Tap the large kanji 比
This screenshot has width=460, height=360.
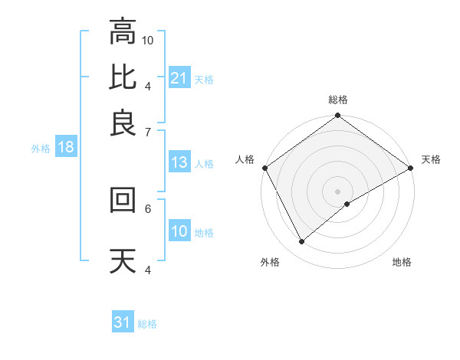[x=123, y=77]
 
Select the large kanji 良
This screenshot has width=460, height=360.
[x=123, y=123]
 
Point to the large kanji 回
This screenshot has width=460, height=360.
[x=123, y=200]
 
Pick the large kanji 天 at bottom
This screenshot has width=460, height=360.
[x=123, y=261]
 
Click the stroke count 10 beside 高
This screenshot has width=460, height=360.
[x=148, y=39]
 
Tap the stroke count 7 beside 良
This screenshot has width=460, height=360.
[x=148, y=131]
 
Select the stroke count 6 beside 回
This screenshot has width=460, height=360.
[x=148, y=208]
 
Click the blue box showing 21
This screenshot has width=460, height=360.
[x=179, y=78]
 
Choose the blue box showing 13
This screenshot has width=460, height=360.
[x=179, y=162]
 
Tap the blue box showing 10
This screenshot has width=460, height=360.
[x=179, y=231]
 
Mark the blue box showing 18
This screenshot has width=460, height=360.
[x=65, y=148]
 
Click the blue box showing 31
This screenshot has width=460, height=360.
[x=123, y=322]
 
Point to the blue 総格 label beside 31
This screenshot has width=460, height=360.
[x=147, y=324]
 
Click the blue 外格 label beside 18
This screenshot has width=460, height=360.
[x=41, y=149]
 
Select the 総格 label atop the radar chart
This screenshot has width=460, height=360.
[x=338, y=100]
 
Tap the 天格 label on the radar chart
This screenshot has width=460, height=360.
[x=431, y=159]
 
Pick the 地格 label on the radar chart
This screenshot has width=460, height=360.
[x=402, y=263]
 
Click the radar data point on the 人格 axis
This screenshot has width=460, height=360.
[x=264, y=168]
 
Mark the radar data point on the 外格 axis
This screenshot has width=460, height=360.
[x=302, y=242]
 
